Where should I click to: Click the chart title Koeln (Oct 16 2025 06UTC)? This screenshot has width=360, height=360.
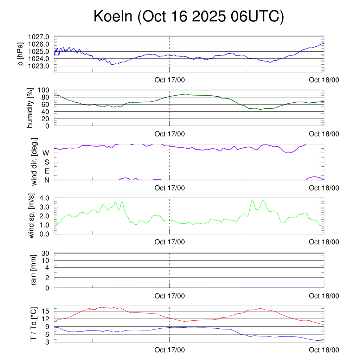click(188, 17)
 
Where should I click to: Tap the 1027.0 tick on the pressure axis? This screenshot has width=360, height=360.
click(41, 37)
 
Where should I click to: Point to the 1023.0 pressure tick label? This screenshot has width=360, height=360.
click(41, 66)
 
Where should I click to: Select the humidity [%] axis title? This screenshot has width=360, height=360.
click(31, 108)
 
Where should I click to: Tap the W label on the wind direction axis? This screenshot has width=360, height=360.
click(46, 153)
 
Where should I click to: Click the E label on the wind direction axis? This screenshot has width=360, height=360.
click(47, 171)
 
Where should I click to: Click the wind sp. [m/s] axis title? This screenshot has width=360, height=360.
click(32, 216)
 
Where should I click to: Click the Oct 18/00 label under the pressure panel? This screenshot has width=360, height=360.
click(324, 80)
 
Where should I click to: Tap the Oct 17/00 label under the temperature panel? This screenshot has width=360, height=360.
click(169, 350)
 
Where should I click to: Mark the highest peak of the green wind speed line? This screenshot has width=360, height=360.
click(263, 200)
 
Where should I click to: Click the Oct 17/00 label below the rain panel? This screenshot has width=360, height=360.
click(169, 296)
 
